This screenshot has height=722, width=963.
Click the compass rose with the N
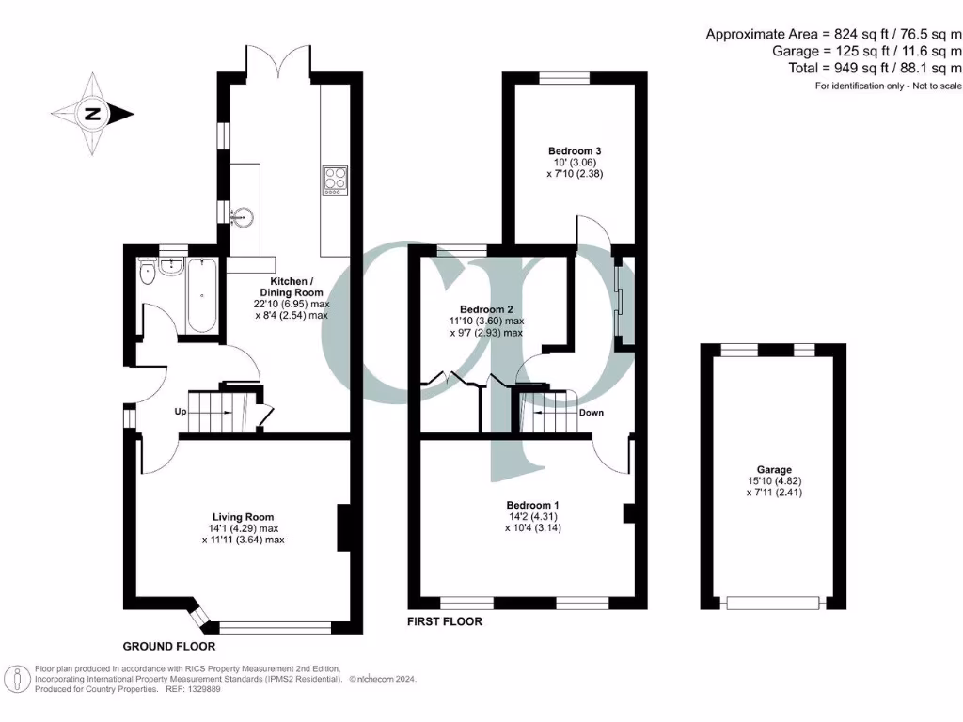pyautogui.click(x=92, y=114)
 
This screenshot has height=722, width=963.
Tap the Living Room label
pyautogui.click(x=243, y=517)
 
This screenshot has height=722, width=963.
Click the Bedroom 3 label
pyautogui.click(x=575, y=150)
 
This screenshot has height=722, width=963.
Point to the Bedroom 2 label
pyautogui.click(x=485, y=309)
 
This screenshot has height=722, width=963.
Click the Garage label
pyautogui.click(x=775, y=469)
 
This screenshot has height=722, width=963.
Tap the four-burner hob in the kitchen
pyautogui.click(x=334, y=180)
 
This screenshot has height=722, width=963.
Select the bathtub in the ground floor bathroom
pyautogui.click(x=202, y=297)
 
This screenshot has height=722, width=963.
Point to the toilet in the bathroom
pyautogui.click(x=147, y=274)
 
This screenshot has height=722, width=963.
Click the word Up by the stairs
pyautogui.click(x=178, y=412)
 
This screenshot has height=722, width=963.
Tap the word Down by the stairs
pyautogui.click(x=592, y=413)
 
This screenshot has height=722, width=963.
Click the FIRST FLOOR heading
pyautogui.click(x=445, y=621)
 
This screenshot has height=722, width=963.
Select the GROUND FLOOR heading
pyautogui.click(x=169, y=647)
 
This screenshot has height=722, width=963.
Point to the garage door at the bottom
pyautogui.click(x=775, y=603)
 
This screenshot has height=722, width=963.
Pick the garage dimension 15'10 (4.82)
pyautogui.click(x=775, y=480)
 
